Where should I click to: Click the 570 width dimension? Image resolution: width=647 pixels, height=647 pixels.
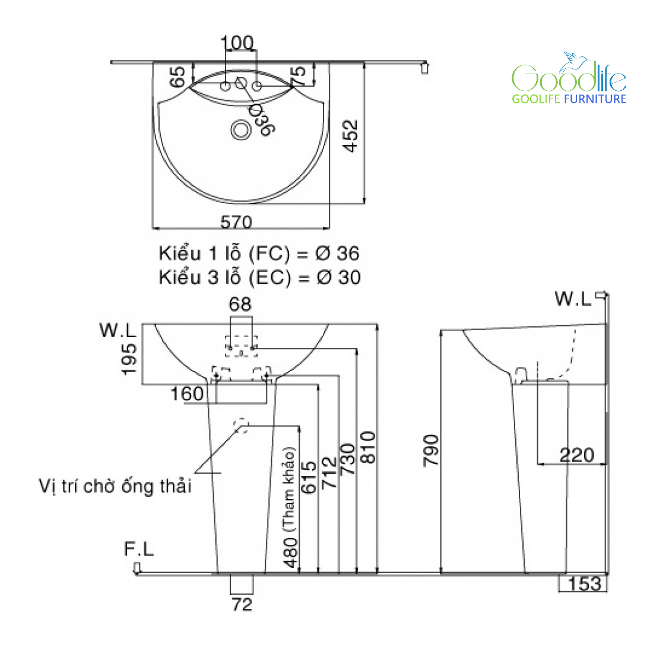[236, 222]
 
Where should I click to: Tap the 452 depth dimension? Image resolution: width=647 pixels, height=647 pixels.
[350, 136]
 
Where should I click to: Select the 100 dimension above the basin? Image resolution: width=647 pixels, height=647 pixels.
[237, 43]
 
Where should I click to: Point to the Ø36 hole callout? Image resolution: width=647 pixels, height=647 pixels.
[261, 120]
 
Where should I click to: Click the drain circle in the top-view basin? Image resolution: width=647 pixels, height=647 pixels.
[240, 129]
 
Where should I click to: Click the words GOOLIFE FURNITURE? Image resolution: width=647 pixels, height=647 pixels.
[569, 99]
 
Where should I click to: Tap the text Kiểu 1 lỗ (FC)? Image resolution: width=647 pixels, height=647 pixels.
[224, 253]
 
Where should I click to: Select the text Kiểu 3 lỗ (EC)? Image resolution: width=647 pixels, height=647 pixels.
[224, 277]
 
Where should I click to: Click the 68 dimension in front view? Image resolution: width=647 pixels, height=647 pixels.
[240, 305]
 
